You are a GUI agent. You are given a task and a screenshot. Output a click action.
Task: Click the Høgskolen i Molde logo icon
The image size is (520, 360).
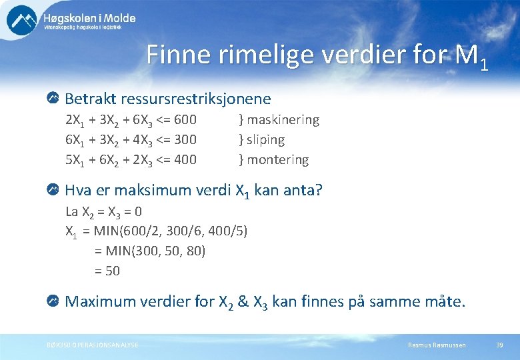click(21, 20)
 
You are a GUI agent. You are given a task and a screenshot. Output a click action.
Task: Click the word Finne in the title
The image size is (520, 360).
click(175, 55)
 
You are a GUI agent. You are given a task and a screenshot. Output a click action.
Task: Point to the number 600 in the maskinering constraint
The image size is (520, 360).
click(184, 120)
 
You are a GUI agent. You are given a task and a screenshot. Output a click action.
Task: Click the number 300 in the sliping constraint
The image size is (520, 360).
click(184, 140)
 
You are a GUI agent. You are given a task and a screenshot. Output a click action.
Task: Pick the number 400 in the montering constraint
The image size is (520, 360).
click(184, 160)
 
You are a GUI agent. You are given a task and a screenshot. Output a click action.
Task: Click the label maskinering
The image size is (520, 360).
click(283, 120)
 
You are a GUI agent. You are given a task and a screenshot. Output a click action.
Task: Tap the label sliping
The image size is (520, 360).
click(265, 140)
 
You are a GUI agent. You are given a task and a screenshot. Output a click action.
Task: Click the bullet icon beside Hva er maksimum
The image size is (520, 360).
click(53, 190)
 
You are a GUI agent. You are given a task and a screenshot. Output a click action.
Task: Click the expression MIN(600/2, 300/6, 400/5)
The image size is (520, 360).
click(170, 231)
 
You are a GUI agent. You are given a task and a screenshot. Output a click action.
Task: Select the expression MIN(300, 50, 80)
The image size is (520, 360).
click(156, 251)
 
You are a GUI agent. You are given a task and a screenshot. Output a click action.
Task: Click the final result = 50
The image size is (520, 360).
click(107, 271)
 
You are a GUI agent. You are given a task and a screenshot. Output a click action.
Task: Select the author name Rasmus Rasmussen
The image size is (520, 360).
click(437, 345)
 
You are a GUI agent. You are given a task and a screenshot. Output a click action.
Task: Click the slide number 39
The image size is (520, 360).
click(499, 345)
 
